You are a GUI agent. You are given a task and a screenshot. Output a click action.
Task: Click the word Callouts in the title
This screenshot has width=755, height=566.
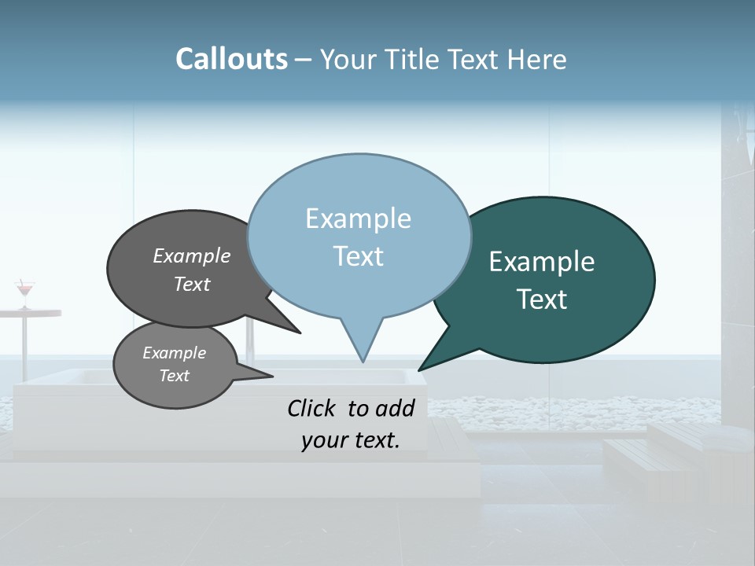tap(231, 59)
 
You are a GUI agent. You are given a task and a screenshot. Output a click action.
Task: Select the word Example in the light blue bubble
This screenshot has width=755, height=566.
tap(358, 219)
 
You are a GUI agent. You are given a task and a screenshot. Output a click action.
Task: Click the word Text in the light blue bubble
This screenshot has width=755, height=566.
tap(358, 256)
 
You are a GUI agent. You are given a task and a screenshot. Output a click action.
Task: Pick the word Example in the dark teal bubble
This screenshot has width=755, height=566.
tap(542, 262)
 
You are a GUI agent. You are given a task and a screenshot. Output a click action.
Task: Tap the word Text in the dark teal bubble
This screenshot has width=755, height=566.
tap(542, 300)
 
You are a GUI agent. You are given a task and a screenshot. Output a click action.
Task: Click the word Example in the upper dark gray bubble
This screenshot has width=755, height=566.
tap(192, 255)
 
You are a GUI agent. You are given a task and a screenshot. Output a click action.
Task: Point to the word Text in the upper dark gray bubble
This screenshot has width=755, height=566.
tap(192, 284)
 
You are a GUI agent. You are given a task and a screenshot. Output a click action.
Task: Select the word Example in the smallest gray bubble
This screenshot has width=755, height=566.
tap(174, 353)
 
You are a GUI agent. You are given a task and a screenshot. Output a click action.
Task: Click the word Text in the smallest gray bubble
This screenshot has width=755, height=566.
tap(174, 376)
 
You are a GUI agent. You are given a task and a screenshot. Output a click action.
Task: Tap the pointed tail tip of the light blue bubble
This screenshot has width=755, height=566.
tap(363, 361)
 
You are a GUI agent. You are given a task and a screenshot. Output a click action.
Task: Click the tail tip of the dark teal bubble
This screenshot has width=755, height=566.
tap(420, 369)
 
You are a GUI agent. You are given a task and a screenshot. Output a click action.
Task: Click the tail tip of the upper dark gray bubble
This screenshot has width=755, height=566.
tap(299, 333)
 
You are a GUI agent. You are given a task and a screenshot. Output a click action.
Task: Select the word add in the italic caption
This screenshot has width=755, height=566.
tap(394, 408)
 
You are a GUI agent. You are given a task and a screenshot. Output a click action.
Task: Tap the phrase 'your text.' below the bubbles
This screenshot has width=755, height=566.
tap(350, 440)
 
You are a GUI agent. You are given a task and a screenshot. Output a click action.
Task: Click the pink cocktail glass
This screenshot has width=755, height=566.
tap(25, 289)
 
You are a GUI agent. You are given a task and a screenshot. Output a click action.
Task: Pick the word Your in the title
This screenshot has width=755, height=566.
tap(350, 59)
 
